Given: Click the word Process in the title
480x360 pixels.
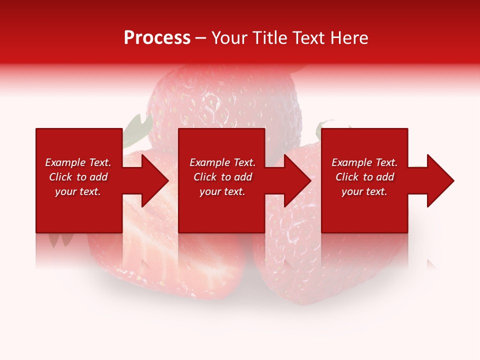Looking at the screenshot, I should coord(157,37).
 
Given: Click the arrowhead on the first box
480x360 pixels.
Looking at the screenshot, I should coord(152,180).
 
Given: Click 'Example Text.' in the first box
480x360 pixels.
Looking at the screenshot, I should coord(78,162).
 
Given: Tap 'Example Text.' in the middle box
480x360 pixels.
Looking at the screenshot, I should coord(222,162).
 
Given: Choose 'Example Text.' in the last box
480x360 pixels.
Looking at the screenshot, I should coord(364,162).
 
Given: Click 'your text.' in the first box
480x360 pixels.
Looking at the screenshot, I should coord(78,191).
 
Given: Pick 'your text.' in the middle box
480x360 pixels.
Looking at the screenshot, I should coord(222,191).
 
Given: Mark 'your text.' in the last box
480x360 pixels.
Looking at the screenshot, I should coord(364,191).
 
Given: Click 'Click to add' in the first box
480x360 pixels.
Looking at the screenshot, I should coord(78,177).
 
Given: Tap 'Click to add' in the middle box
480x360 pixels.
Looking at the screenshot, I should coord(222,177).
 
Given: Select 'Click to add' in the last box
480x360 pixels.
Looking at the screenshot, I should coord(364,177).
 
